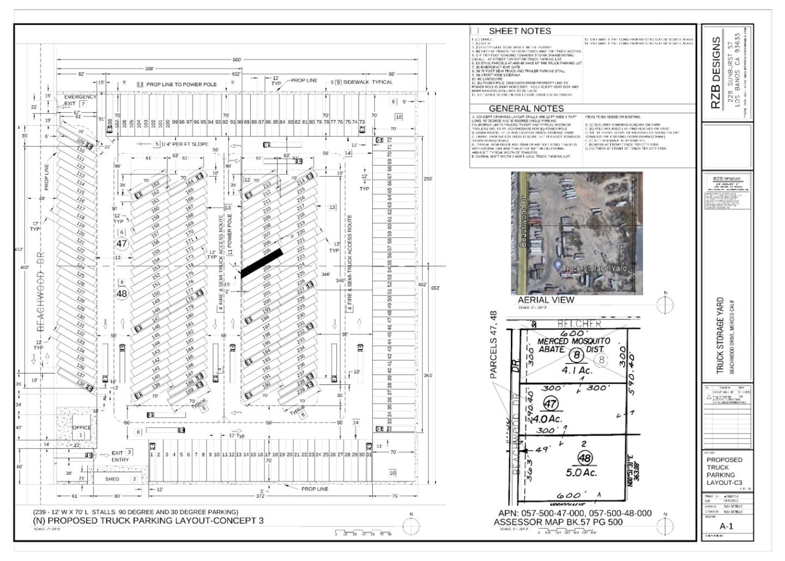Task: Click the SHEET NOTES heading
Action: click(520, 31)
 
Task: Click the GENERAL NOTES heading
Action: click(526, 108)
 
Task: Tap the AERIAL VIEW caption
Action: click(546, 299)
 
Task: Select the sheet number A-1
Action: click(726, 526)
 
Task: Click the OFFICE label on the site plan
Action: click(82, 427)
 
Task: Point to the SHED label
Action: click(112, 479)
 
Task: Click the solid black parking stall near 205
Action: click(262, 263)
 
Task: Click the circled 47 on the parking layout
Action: click(122, 244)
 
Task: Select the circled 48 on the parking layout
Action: click(122, 293)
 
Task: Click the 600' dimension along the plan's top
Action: click(237, 60)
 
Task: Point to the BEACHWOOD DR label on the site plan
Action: click(40, 292)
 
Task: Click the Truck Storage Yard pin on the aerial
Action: click(558, 266)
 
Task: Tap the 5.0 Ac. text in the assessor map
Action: click(581, 472)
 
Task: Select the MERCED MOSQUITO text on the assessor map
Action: click(573, 341)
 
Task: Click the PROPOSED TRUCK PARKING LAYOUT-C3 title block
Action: click(724, 471)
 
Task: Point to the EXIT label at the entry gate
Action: click(117, 453)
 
